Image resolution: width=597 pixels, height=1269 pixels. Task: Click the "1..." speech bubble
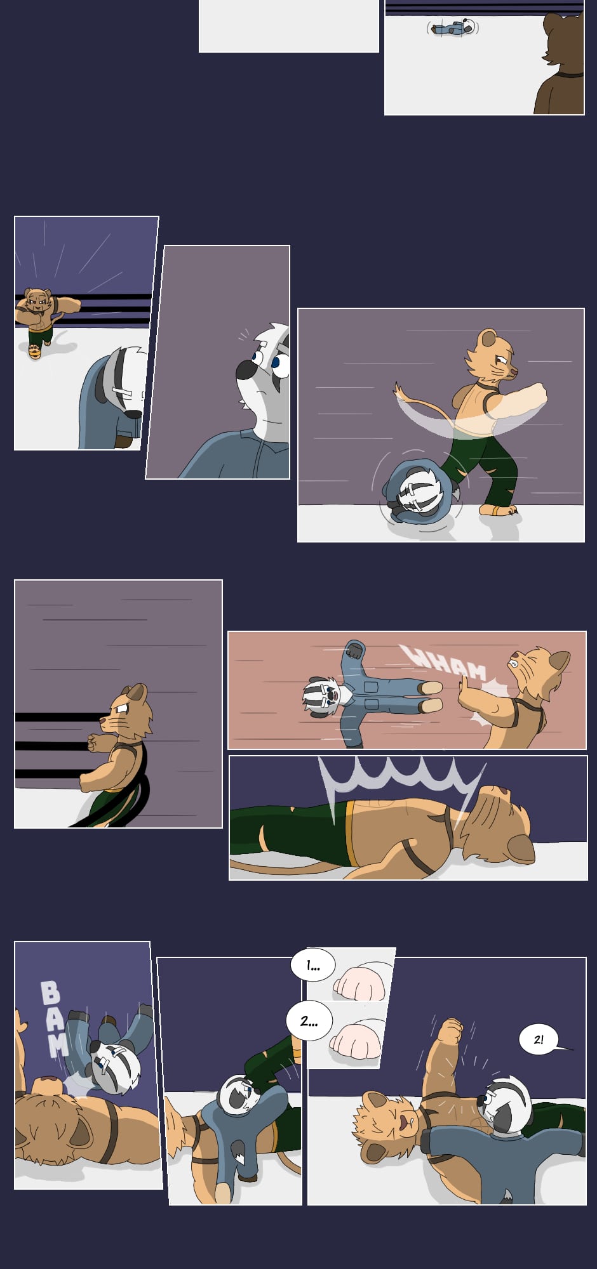pos(312,966)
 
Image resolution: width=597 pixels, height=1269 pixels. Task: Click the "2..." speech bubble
pos(309,1021)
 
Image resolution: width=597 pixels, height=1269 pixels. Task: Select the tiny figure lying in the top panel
pos(453,27)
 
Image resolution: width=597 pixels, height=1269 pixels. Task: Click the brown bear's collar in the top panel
pos(568,75)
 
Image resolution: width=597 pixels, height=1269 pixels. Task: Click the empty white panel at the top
pos(289,26)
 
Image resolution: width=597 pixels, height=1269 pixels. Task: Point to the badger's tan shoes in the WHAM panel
pos(431,696)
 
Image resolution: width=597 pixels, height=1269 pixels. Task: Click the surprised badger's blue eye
pos(278,364)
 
